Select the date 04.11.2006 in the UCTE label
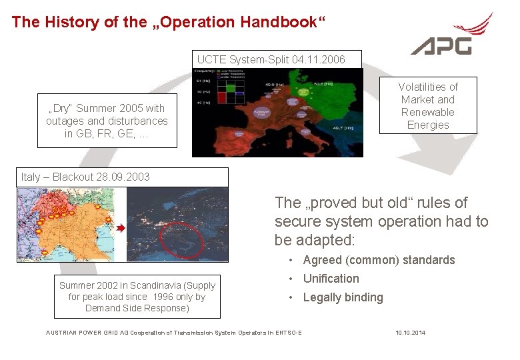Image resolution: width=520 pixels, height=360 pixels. pos(318,60)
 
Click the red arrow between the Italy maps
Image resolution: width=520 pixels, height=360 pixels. pos(121,228)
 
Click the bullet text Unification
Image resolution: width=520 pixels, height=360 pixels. pos(331,279)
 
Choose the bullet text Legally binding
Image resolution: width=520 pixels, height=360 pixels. pos(343,297)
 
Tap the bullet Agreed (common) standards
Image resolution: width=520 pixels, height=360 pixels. pos(379,260)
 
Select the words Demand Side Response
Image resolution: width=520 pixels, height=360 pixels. pos(137,308)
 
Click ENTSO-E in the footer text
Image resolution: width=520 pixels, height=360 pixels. pos(287,333)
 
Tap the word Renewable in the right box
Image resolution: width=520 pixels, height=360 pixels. pos(428,112)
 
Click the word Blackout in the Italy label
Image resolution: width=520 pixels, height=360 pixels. pos(75,177)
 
